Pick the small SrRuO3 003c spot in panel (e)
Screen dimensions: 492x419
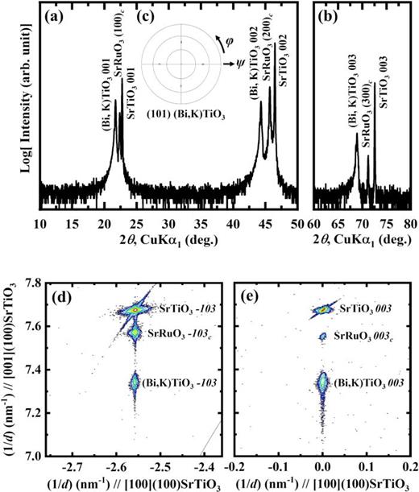pos(322,337)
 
